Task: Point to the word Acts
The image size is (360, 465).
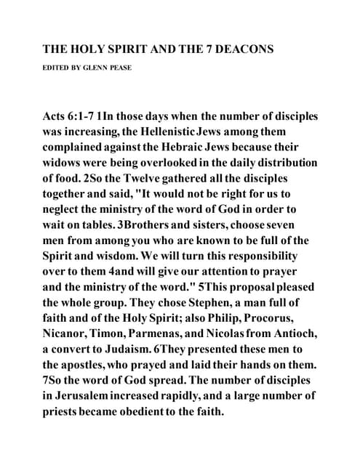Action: (x=57, y=116)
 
